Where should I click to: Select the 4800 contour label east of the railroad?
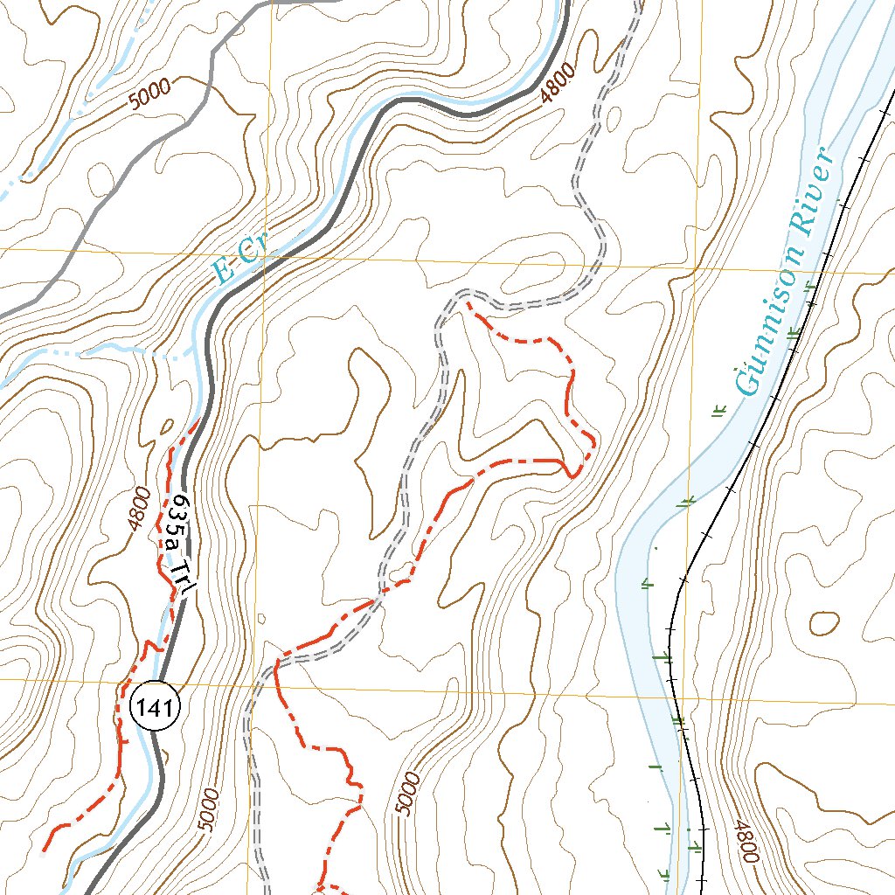click(745, 841)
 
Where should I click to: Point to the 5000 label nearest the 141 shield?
click(209, 809)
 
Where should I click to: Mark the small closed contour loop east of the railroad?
click(823, 622)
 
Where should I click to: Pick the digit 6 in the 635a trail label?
click(179, 504)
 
